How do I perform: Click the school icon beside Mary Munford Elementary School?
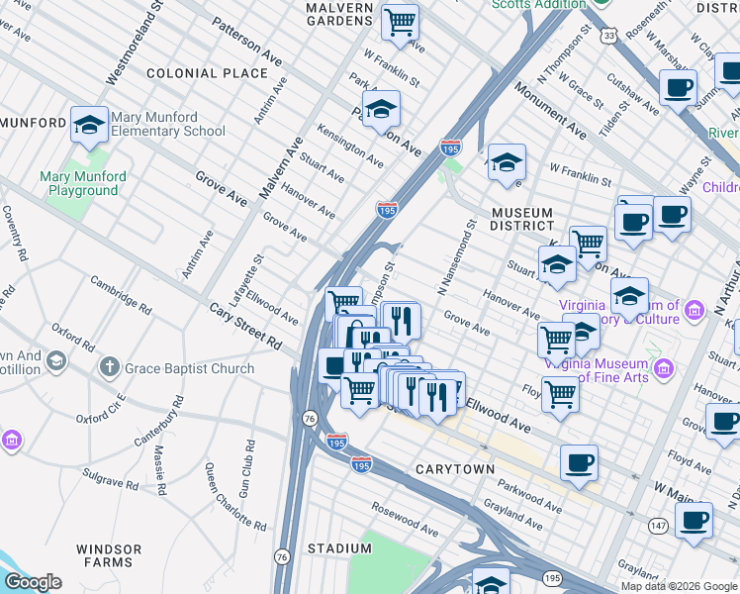pos(89,124)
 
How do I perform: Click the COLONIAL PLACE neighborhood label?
pos(207,73)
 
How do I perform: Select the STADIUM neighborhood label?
pos(332,547)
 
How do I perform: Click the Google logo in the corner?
pos(33,582)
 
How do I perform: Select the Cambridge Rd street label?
pos(121,294)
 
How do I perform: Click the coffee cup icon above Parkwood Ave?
pos(579,462)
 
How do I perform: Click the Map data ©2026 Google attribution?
pos(679,586)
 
